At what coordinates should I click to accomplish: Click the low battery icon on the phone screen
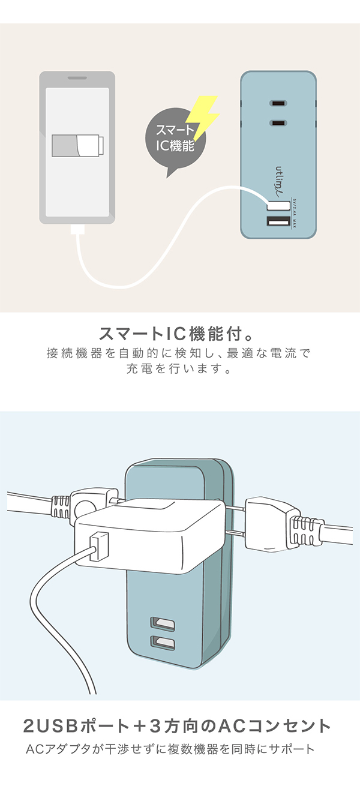[x=77, y=146]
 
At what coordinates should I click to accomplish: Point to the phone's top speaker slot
[x=77, y=79]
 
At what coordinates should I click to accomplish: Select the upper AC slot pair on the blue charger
[x=278, y=102]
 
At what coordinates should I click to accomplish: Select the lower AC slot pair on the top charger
[x=278, y=124]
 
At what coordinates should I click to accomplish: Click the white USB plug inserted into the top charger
[x=278, y=205]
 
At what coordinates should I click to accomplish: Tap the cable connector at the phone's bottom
[x=77, y=230]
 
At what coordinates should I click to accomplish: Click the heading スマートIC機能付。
[x=179, y=334]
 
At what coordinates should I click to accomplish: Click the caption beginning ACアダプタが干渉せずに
[x=170, y=750]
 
